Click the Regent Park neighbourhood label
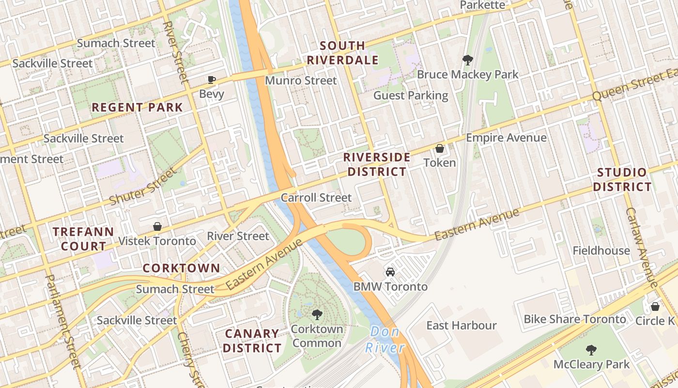137,107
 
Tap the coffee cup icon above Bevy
211,80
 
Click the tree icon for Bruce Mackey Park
467,60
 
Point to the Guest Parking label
411,95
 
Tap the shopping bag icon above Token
440,148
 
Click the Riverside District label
377,164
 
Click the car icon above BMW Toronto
390,272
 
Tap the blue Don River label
385,340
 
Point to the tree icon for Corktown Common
317,315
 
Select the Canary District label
252,341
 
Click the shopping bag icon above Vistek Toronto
157,226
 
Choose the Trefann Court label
83,239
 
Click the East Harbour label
461,325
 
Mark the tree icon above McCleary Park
591,350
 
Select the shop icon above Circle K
655,307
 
